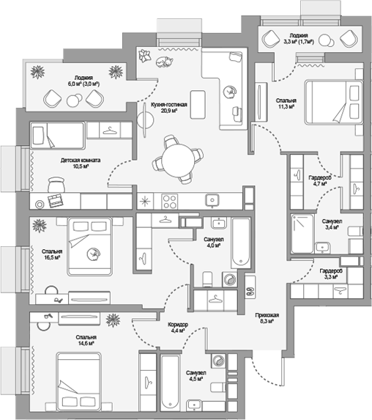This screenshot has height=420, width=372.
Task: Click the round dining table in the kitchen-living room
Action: coord(179,161)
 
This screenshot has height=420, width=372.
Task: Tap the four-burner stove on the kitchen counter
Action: coord(170,202)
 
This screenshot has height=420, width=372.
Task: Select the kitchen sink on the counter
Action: coord(212,200)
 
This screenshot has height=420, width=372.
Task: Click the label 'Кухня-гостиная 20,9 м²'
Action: coord(168,107)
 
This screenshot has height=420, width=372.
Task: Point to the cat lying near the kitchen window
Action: coord(164,62)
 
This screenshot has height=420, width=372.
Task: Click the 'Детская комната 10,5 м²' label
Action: coord(81,163)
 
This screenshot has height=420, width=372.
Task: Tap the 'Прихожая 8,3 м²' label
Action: coord(267,318)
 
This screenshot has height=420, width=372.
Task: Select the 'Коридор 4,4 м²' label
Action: coord(178,328)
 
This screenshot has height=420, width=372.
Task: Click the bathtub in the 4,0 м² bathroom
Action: coord(241,243)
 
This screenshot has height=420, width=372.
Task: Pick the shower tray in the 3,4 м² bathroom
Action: coord(302,234)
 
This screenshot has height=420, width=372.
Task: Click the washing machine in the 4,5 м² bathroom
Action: coord(218,361)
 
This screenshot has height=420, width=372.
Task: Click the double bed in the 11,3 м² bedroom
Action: coord(334,102)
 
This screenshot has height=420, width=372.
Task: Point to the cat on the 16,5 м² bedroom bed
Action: coord(93,253)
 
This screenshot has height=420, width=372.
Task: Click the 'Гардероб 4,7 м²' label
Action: coord(320,180)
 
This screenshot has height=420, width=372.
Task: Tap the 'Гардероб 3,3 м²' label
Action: coord(331,273)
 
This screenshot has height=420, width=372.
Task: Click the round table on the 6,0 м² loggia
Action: coord(74,100)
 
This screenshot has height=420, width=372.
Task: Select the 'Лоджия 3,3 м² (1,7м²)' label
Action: coord(299,38)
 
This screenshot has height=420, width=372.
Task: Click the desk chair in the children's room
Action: coord(56,184)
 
